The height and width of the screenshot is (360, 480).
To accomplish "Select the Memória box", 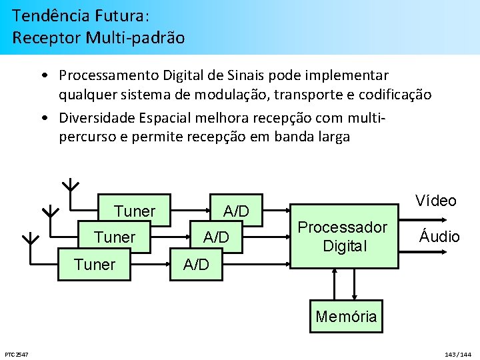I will click(346, 317).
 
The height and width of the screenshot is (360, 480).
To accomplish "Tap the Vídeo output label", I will click(435, 201).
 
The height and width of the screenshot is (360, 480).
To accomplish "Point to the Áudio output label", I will click(439, 236).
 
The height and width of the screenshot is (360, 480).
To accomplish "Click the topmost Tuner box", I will click(135, 211).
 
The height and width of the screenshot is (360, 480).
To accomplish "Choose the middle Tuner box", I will click(115, 237).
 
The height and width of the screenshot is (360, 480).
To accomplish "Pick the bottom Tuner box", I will click(95, 264).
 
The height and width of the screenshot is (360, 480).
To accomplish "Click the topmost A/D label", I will click(236, 211).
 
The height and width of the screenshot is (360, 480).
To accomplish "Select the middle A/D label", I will click(216, 237).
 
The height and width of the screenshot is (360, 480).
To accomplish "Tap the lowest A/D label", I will click(196, 264).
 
